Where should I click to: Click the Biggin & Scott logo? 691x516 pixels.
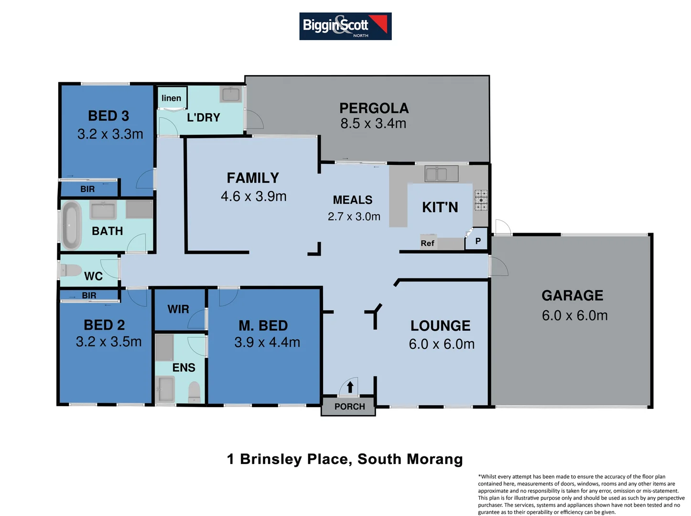345,26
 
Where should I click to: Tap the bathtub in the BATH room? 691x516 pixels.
72,226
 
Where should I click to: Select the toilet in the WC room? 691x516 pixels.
71,270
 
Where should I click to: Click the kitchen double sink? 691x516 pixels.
442,174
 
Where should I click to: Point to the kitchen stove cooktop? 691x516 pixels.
481,200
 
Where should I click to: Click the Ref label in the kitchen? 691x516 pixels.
427,243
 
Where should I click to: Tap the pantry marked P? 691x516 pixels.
478,241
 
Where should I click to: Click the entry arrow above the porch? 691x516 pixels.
350,387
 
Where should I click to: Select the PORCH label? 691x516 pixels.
349,407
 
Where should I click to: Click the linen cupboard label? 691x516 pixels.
171,98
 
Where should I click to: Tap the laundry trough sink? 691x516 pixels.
231,94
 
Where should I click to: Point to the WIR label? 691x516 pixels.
178,310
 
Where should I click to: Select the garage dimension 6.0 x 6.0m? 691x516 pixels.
574,316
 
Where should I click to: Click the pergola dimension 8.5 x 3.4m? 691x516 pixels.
373,124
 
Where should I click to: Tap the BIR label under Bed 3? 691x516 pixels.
87,189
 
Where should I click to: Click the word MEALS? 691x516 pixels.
353,200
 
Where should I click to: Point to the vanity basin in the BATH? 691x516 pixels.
103,211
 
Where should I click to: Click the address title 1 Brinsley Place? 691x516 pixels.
345,459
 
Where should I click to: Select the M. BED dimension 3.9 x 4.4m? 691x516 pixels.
267,343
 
